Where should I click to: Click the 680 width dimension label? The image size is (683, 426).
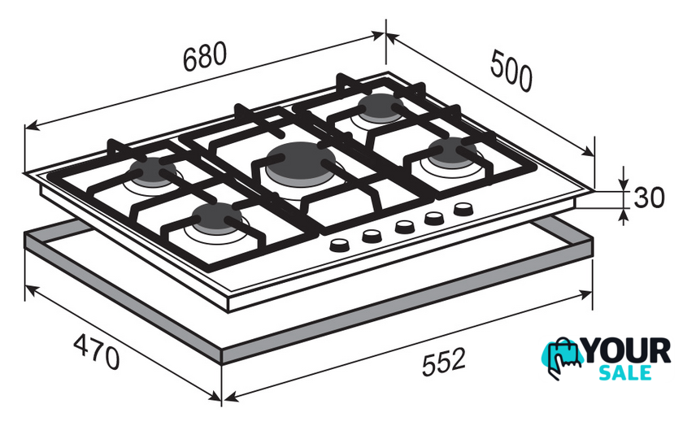(205, 56)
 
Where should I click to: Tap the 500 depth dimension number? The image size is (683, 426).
(511, 71)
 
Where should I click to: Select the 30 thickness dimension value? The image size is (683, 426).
(649, 197)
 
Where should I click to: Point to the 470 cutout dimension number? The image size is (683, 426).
(96, 351)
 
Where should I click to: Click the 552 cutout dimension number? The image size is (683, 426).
(444, 361)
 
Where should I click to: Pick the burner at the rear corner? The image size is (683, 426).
(381, 106)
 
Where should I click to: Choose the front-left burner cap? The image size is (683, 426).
(217, 218)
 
